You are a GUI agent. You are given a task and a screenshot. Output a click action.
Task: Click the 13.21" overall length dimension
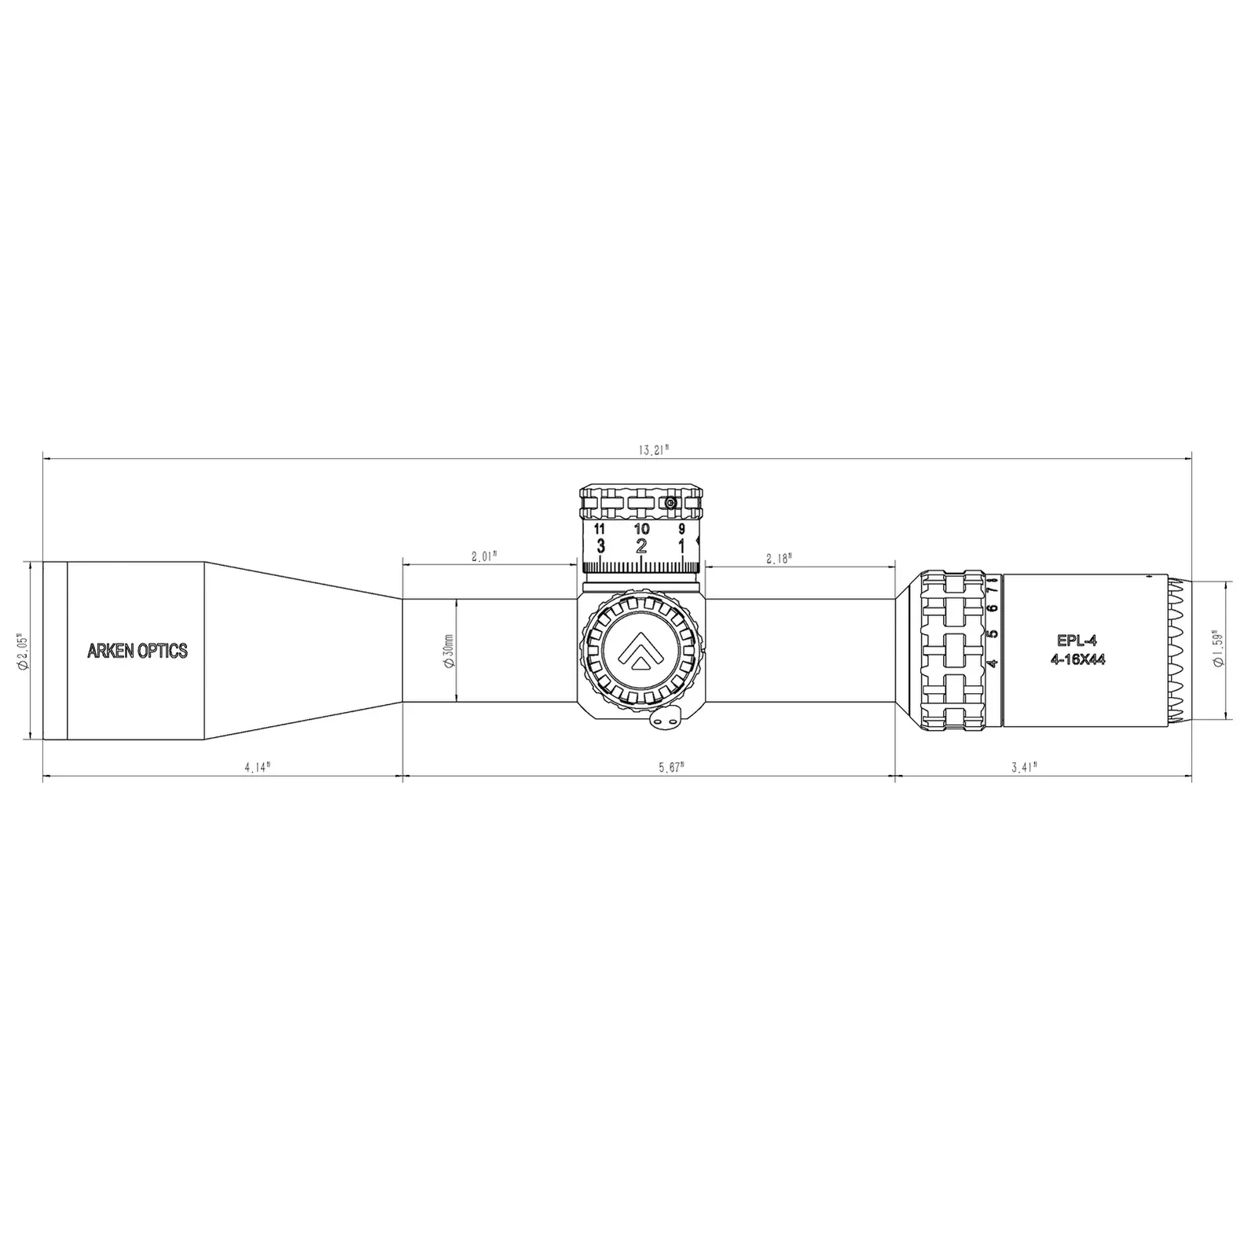(x=653, y=450)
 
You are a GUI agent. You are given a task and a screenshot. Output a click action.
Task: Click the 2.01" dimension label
(x=485, y=556)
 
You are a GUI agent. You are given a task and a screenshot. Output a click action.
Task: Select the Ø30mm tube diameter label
(x=448, y=651)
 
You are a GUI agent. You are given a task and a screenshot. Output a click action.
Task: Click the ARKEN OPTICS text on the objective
(x=138, y=651)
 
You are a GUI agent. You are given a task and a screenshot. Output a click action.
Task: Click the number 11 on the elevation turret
(x=600, y=529)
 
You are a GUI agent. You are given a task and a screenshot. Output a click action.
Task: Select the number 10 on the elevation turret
(x=641, y=529)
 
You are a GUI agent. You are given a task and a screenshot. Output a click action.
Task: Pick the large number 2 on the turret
(x=641, y=546)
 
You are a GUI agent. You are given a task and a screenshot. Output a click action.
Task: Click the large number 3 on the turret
(x=601, y=546)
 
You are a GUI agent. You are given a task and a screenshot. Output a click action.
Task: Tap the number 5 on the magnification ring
(x=993, y=633)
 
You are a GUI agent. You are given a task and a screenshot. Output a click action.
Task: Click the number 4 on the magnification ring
(x=993, y=662)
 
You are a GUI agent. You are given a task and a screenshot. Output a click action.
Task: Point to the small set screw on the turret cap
(x=670, y=502)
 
